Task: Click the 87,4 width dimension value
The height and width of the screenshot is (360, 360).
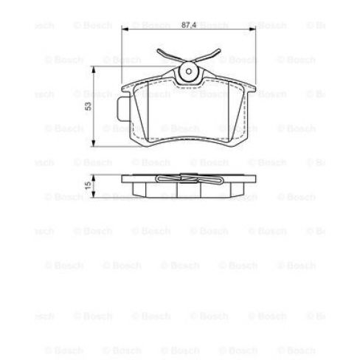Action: point(188,24)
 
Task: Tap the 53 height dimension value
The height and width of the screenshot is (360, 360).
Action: point(87,105)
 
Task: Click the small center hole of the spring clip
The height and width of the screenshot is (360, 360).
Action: point(190,72)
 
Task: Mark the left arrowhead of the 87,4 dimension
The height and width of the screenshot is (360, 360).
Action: point(125,30)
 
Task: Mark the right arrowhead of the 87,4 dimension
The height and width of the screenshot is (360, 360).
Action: point(253,30)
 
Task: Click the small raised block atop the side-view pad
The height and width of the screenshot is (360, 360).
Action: point(189,175)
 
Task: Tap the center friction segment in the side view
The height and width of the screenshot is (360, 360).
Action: point(189,190)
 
